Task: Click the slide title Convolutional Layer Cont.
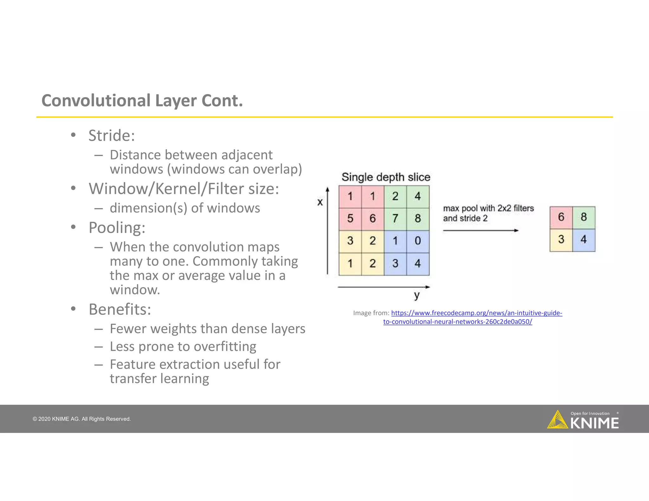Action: click(142, 101)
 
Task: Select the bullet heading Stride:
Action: click(112, 136)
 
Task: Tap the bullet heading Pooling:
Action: click(117, 227)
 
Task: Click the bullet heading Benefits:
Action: click(120, 309)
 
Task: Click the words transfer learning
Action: click(159, 378)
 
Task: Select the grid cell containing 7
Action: click(395, 219)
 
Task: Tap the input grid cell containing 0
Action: click(418, 241)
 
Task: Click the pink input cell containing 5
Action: click(350, 219)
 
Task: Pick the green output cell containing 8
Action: click(584, 217)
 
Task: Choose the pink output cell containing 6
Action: click(561, 217)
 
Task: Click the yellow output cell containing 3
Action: click(561, 239)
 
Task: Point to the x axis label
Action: click(320, 202)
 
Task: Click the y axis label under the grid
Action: click(417, 295)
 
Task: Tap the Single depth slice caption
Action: click(386, 177)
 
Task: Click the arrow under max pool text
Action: click(480, 231)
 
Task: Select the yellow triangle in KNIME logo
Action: click(557, 421)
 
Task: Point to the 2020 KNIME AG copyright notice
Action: click(82, 419)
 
